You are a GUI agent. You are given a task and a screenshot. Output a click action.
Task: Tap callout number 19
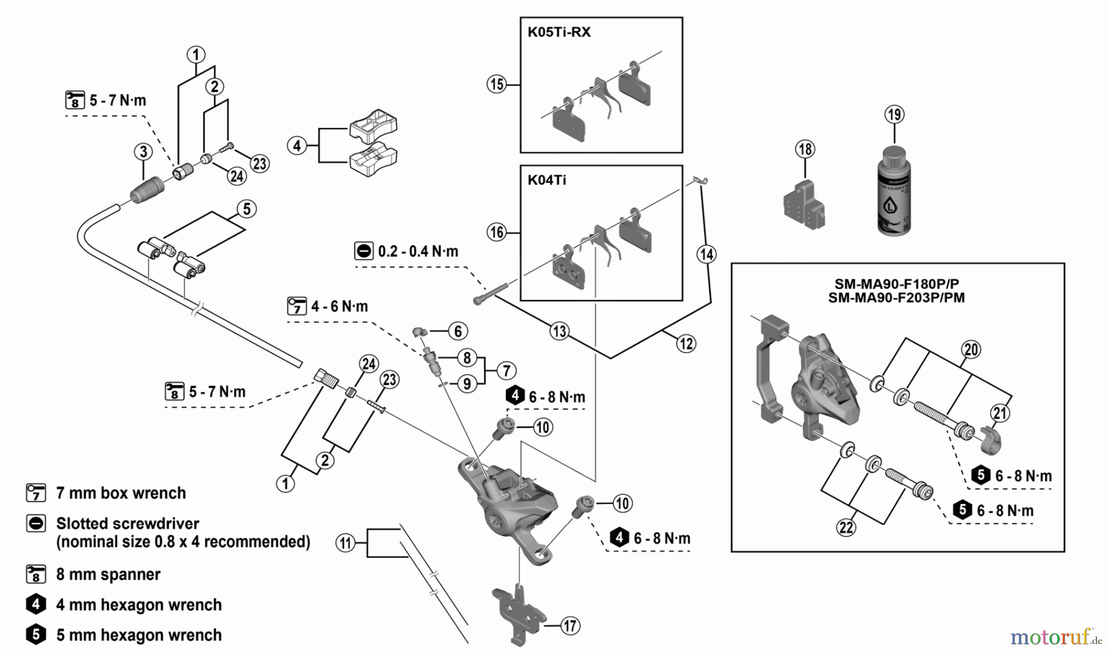pos(894,115)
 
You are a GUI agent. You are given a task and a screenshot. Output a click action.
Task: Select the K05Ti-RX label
pos(559,32)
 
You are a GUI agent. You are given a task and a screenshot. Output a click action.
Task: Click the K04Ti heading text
pos(546,180)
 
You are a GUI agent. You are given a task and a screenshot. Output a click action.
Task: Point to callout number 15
pos(497,84)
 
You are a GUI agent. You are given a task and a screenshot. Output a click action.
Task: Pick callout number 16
pos(497,232)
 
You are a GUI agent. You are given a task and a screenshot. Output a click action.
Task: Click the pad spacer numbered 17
pos(519,613)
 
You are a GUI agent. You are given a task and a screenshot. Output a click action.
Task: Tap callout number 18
pos(805,149)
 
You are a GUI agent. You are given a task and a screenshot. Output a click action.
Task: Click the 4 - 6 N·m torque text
pos(339,306)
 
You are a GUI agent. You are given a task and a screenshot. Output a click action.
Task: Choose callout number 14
pos(707,254)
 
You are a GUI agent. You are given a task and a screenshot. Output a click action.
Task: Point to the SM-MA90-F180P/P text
pos(896,284)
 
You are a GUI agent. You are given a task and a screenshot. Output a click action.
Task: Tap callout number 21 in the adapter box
pos(1000,413)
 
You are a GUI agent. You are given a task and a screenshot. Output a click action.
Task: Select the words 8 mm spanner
pos(108,574)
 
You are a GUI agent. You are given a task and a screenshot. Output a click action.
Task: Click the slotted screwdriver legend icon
pos(36,524)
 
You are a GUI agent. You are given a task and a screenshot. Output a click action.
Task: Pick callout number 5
pos(246,209)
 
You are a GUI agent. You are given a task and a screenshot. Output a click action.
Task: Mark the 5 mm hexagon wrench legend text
pos(139,635)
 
